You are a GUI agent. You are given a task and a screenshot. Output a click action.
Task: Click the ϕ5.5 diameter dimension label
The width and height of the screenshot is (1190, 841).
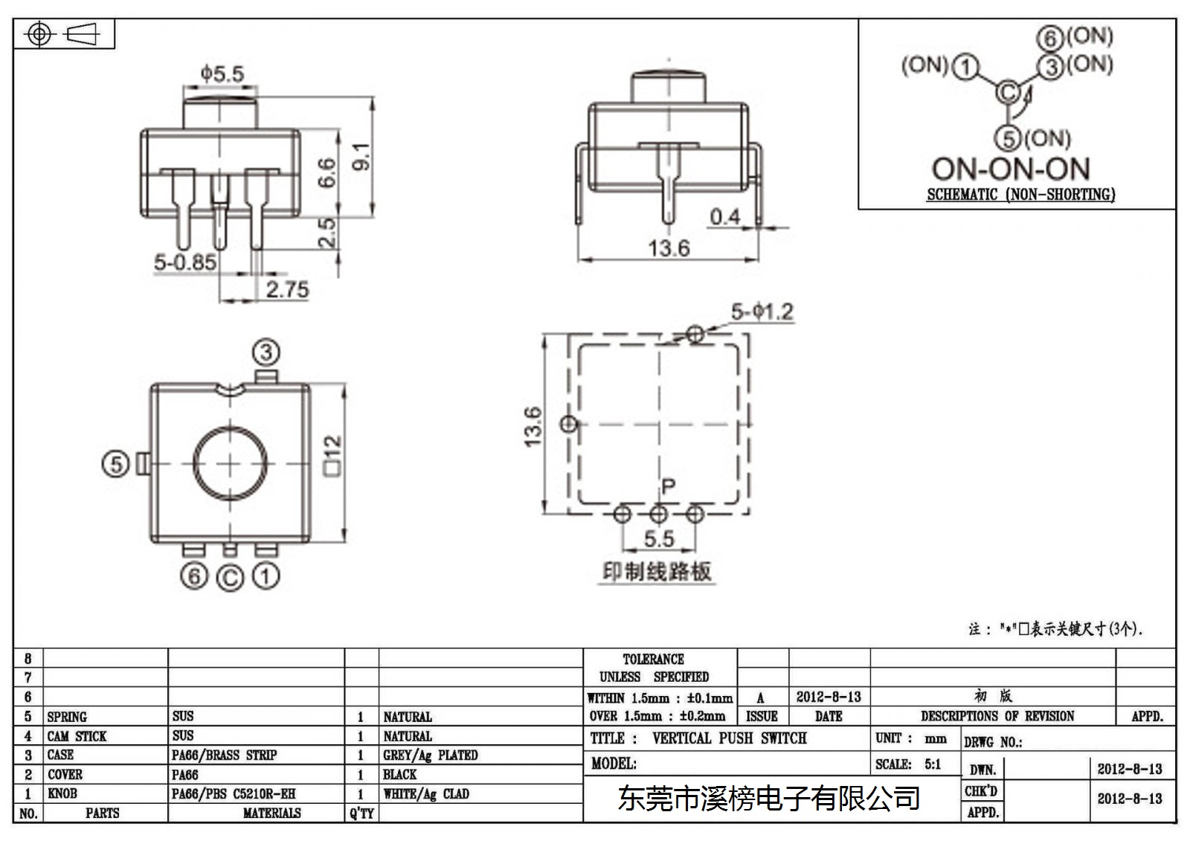pos(222,74)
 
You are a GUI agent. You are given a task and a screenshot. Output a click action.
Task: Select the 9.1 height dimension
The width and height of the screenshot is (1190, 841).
pos(361,157)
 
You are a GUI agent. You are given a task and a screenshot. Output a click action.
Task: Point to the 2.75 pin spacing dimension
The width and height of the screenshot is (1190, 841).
pos(287,289)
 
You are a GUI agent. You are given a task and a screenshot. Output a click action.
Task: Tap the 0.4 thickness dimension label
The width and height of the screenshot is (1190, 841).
pos(725,217)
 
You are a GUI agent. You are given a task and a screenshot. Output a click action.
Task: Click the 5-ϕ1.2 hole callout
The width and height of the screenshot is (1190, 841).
pos(762,312)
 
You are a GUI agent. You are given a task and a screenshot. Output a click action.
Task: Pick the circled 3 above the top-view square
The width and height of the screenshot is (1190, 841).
pos(266,352)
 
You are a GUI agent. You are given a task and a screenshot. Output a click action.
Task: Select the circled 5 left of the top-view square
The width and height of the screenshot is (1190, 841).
pos(115,464)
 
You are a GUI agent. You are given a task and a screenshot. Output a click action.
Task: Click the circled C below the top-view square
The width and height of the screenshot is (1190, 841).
pos(230,578)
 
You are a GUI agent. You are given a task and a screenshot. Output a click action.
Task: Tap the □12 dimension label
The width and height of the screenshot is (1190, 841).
pos(332,456)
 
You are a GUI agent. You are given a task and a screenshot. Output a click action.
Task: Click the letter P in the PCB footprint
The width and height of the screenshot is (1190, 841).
pos(669,486)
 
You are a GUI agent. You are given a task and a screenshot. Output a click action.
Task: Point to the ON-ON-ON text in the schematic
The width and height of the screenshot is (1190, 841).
pos(1011,169)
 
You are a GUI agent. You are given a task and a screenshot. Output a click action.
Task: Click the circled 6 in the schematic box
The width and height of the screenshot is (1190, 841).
pos(1049,38)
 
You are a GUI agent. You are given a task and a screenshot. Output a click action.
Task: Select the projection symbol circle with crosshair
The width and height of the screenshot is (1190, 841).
pos(39,34)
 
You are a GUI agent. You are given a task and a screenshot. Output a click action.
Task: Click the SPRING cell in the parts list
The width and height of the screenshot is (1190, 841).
pos(67,717)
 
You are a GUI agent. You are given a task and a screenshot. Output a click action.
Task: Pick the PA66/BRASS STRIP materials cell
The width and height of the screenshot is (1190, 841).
pos(224,755)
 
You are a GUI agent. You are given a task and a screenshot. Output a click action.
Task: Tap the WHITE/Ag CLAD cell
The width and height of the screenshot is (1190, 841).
pos(426,793)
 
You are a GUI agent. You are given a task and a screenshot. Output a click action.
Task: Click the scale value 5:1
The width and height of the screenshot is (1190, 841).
pos(933,764)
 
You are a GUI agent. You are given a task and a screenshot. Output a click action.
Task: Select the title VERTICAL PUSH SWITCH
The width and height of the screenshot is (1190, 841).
pos(730,738)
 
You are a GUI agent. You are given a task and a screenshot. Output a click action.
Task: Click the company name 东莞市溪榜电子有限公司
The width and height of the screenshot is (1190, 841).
pos(769,799)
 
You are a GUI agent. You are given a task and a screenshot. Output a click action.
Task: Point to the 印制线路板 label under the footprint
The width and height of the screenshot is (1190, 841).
pos(657,572)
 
